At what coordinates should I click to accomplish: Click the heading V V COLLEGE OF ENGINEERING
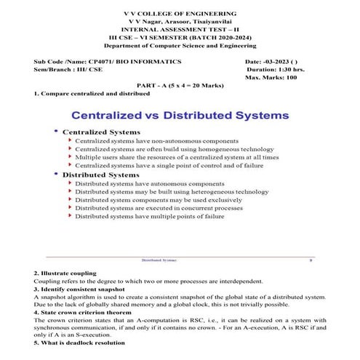point(179,14)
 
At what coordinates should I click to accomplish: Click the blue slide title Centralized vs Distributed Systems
point(179,115)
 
